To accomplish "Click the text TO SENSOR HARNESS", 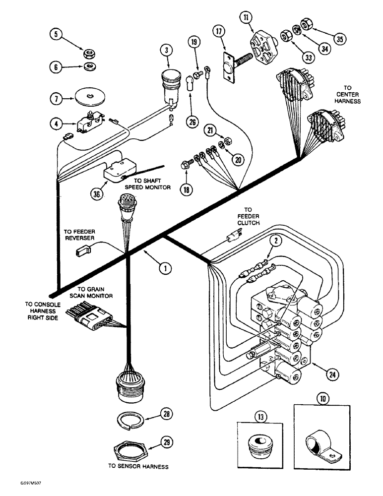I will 137,466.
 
